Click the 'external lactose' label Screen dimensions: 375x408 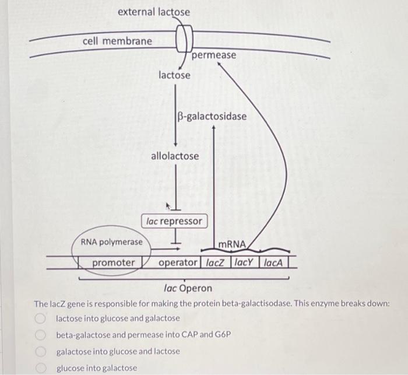153,12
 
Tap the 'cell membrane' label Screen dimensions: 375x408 117,41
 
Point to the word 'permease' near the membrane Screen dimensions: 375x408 214,55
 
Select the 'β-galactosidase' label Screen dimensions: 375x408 212,116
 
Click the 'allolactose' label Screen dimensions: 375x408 175,156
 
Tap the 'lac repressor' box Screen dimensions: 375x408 174,221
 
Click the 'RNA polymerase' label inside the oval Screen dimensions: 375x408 111,241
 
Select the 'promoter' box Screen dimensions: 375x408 114,262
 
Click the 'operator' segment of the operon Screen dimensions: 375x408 179,262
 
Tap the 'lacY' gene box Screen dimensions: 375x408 245,262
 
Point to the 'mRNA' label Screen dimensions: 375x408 233,244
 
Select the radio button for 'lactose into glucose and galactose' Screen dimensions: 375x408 40,318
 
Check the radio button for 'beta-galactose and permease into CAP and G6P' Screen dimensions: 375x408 40,335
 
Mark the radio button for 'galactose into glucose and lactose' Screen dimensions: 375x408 40,352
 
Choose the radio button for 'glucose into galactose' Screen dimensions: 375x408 40,368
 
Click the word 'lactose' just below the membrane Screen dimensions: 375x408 174,75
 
